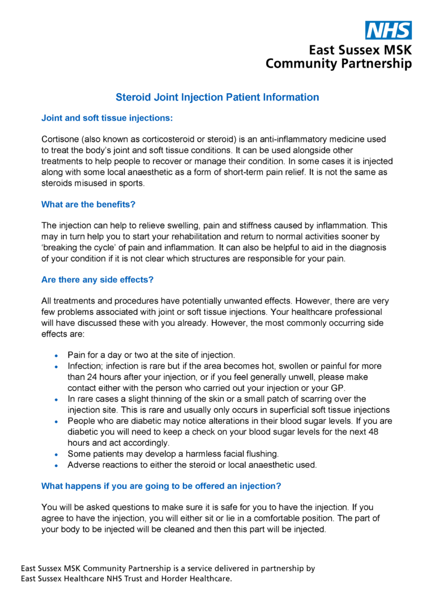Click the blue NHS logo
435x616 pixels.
click(389, 30)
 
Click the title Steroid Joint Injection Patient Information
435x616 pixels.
click(217, 97)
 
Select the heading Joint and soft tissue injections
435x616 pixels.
click(106, 119)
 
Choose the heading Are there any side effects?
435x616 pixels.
click(97, 280)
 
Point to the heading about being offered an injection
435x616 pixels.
click(161, 486)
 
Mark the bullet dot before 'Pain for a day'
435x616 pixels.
click(56, 356)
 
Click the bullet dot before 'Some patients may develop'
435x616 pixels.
click(56, 454)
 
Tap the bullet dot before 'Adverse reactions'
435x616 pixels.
click(56, 465)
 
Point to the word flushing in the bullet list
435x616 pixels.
click(262, 454)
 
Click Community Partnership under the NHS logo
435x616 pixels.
click(339, 64)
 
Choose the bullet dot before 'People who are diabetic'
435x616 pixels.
click(56, 421)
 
